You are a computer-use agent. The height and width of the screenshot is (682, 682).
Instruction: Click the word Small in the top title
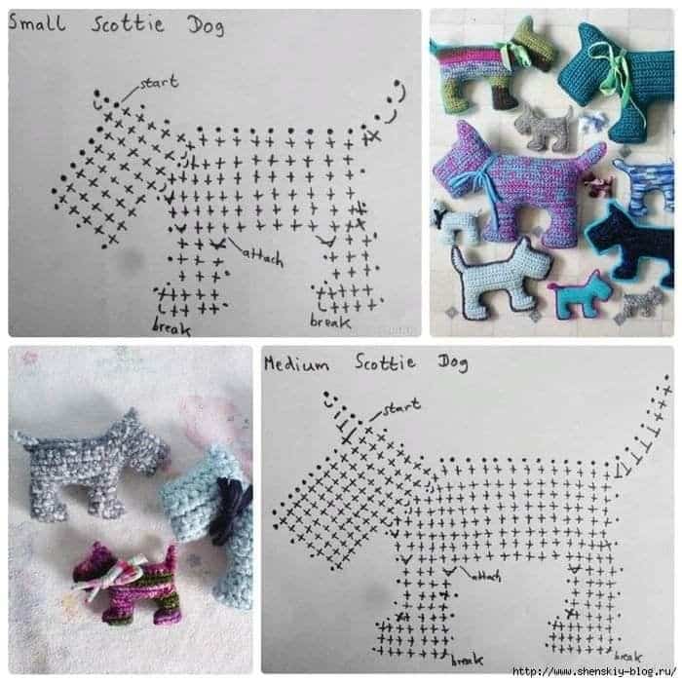coord(37,22)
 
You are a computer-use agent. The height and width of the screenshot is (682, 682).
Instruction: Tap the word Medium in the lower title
coord(296,363)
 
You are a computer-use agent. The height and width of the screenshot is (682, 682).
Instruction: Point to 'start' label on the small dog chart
coord(159,82)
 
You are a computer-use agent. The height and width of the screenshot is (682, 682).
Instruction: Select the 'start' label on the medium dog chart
coord(401,406)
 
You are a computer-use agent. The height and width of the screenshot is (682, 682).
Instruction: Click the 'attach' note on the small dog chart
coord(263,256)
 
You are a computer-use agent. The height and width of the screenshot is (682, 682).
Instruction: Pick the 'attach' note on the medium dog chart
coord(486,576)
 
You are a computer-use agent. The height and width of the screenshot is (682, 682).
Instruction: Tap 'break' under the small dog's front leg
coord(171,326)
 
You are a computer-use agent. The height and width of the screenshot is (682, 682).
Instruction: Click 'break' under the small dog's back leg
coord(330,322)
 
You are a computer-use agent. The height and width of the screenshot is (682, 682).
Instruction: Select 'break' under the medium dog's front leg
coord(467,660)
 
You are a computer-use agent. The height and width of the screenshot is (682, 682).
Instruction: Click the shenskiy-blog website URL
coord(594,672)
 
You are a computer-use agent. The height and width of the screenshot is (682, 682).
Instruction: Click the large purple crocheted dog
coord(517,183)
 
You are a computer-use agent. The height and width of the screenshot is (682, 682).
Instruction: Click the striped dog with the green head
coord(491,65)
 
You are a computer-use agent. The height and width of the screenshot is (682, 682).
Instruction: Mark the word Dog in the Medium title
coord(453,362)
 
